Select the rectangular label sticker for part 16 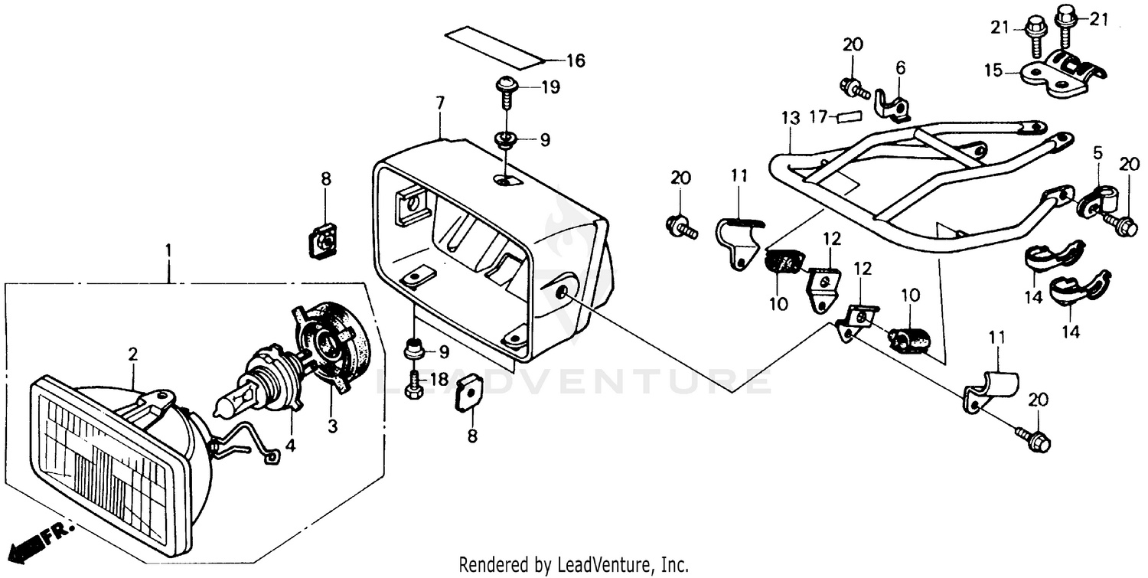click(x=494, y=47)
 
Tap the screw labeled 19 click(x=506, y=89)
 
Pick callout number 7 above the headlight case click(x=439, y=103)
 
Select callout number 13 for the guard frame click(x=790, y=118)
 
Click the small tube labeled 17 click(x=849, y=116)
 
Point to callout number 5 click(x=1097, y=153)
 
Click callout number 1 click(x=168, y=250)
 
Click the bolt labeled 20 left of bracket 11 click(x=681, y=226)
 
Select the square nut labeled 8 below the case click(x=468, y=394)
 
